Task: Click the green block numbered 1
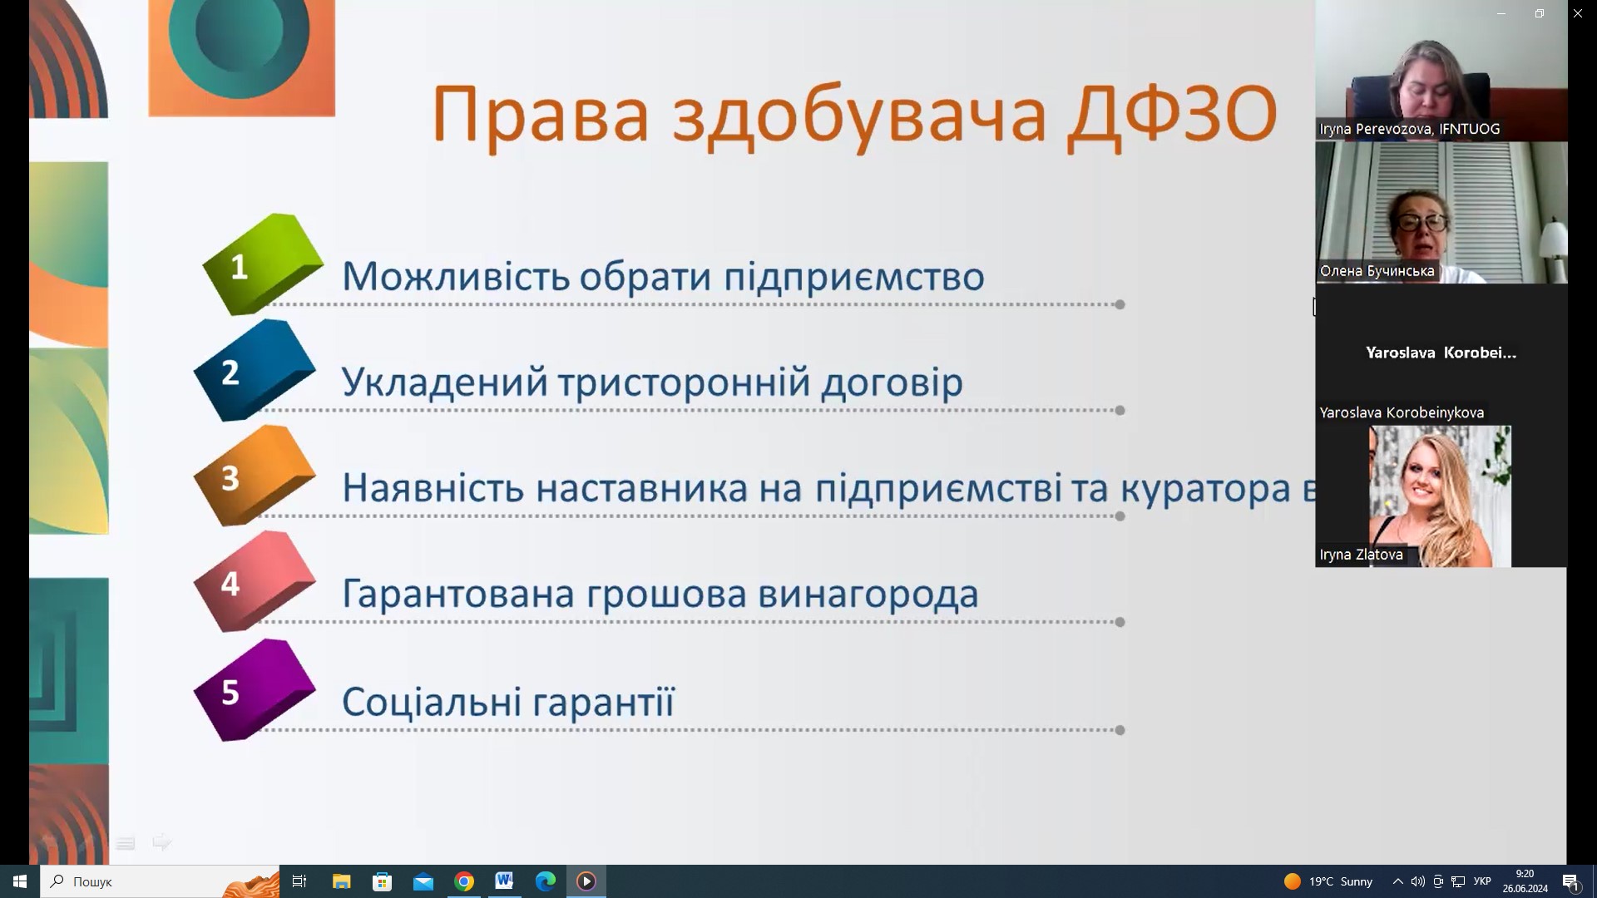(262, 264)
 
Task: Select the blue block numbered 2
(255, 370)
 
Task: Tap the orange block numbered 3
(255, 476)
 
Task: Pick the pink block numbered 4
(255, 581)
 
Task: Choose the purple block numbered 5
(255, 689)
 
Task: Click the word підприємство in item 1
(853, 276)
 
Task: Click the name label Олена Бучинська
(1377, 271)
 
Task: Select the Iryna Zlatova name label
(1361, 555)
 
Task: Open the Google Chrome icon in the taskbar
(464, 881)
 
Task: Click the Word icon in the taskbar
(504, 881)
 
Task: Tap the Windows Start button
(20, 881)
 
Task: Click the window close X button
(1577, 13)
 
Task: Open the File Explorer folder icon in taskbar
(341, 881)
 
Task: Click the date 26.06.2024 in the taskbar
(1525, 889)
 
